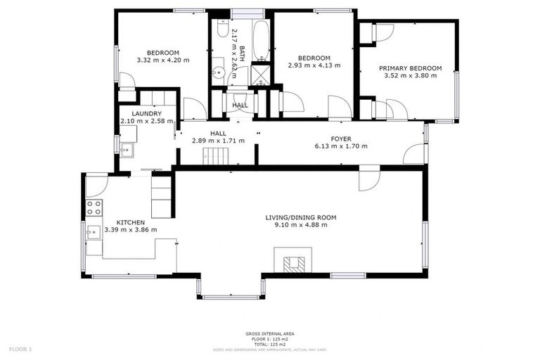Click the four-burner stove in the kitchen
(x=94, y=207)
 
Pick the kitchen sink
(x=92, y=231)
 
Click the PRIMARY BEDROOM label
(x=410, y=68)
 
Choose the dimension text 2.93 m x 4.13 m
(x=314, y=65)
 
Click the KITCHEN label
(x=130, y=222)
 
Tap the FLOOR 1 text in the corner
(x=20, y=349)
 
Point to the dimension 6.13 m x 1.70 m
(x=341, y=146)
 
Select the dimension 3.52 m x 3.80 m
(x=410, y=75)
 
